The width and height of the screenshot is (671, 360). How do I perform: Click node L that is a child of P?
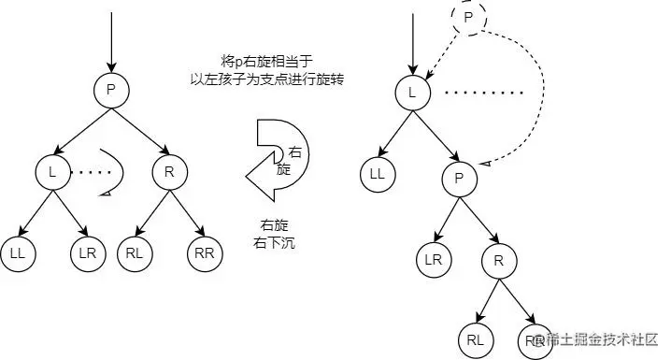(52, 172)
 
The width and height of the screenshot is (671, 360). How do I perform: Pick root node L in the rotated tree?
(411, 92)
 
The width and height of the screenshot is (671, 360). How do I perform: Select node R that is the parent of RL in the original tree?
(167, 172)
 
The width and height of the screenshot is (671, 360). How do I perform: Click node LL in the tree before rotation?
(18, 252)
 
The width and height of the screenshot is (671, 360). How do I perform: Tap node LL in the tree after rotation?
(378, 173)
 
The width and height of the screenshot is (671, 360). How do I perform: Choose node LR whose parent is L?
(87, 252)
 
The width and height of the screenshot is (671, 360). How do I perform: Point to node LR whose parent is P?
(434, 260)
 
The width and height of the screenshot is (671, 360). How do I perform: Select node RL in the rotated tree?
(477, 340)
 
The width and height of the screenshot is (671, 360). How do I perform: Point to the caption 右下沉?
(278, 242)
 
